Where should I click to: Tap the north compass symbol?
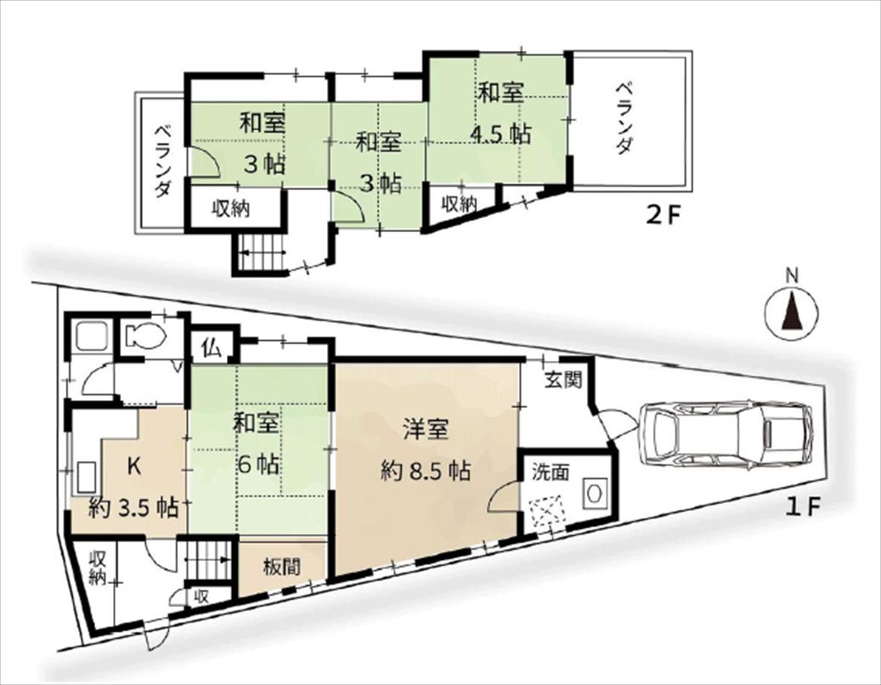(791, 314)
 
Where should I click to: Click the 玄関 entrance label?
(562, 381)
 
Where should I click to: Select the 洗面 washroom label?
(551, 473)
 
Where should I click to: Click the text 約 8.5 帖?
(426, 470)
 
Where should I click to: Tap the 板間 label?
(282, 567)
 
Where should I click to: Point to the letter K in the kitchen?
(133, 467)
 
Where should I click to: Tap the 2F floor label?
(662, 216)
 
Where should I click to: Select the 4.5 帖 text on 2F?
(500, 134)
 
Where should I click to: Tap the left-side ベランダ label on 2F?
(162, 161)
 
